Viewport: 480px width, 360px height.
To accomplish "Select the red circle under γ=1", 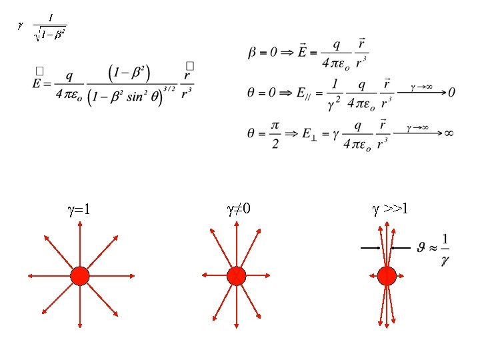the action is [80, 275].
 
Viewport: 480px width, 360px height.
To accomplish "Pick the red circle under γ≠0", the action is [236, 275].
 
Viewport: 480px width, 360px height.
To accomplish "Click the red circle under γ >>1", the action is [387, 275].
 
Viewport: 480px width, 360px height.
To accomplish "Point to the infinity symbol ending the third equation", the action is [449, 133].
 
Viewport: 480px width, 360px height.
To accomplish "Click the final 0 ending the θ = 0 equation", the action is [451, 93].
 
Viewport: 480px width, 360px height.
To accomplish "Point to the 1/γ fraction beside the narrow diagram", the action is [445, 250].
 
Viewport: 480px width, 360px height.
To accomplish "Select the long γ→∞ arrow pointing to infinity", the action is [418, 133].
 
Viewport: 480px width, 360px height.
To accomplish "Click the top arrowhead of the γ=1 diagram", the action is [80, 225].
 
